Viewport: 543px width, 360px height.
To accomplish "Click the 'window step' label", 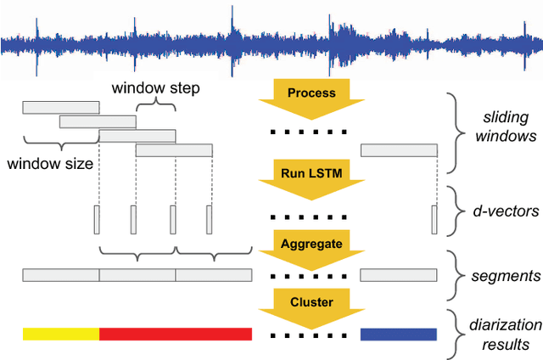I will [x=156, y=87].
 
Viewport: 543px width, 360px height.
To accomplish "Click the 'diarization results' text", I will [x=499, y=335].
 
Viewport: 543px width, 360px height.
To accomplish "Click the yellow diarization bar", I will [x=61, y=334].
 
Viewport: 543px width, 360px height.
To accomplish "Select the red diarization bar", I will [x=176, y=334].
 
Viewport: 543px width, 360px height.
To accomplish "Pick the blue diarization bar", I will [x=399, y=334].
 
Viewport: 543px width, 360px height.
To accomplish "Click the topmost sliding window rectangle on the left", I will [x=60, y=107].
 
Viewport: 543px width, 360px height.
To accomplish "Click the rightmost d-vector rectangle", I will [x=434, y=218].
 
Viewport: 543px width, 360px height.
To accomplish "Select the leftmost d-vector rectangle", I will [x=97, y=218].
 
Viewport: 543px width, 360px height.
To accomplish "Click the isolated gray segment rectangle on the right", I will [x=399, y=275].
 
